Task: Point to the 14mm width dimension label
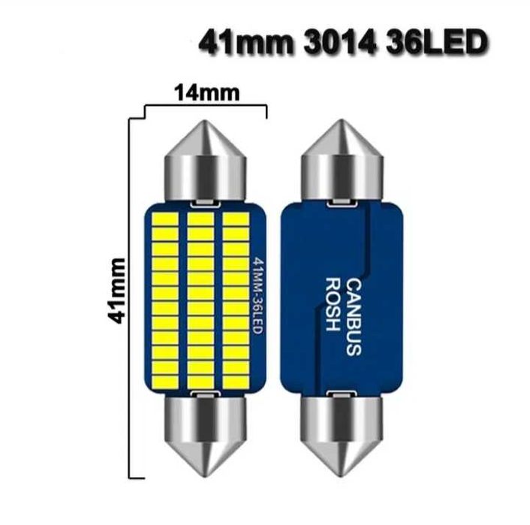(207, 93)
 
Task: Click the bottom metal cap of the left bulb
(205, 436)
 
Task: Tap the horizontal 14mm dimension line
(204, 106)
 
